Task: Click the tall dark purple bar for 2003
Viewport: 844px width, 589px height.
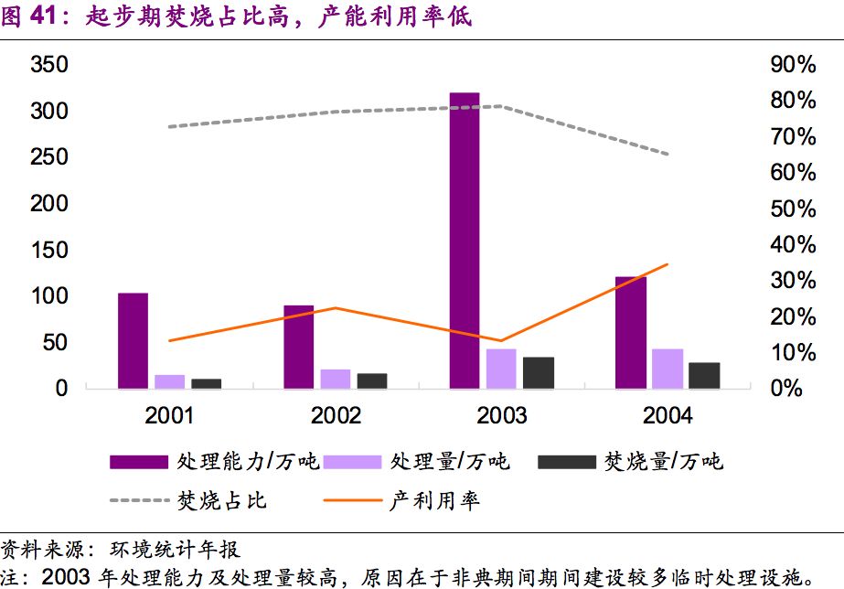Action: (x=465, y=240)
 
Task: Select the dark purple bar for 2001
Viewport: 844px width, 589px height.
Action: (x=133, y=340)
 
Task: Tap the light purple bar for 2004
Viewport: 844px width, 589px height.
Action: (x=668, y=369)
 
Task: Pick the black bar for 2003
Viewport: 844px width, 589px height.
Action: (x=539, y=372)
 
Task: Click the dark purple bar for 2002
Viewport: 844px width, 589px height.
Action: (x=298, y=347)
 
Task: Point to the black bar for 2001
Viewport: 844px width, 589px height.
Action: (x=207, y=383)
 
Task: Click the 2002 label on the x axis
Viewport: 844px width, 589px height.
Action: (x=336, y=416)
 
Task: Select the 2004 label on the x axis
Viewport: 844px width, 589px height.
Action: (x=668, y=416)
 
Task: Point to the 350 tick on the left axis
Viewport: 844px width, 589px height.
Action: (x=49, y=65)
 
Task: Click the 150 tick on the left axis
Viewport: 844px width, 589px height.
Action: (x=49, y=250)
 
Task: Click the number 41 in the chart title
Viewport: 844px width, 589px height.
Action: (x=46, y=16)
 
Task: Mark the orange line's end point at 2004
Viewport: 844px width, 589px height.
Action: (x=668, y=264)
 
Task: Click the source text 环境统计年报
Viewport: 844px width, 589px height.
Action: (x=174, y=549)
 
